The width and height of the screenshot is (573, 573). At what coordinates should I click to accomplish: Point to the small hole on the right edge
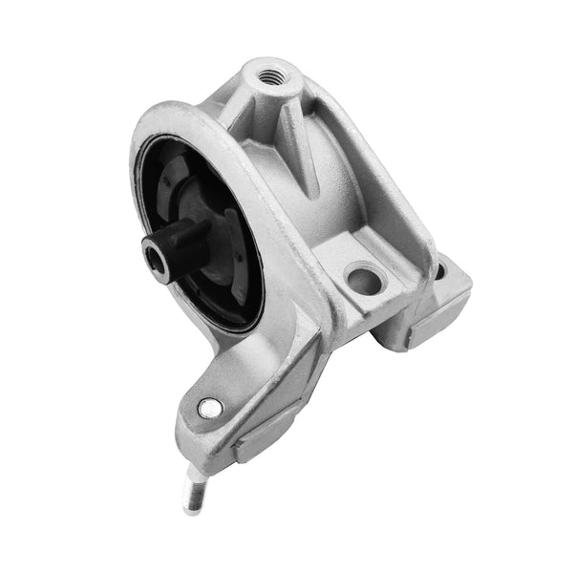(438, 270)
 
